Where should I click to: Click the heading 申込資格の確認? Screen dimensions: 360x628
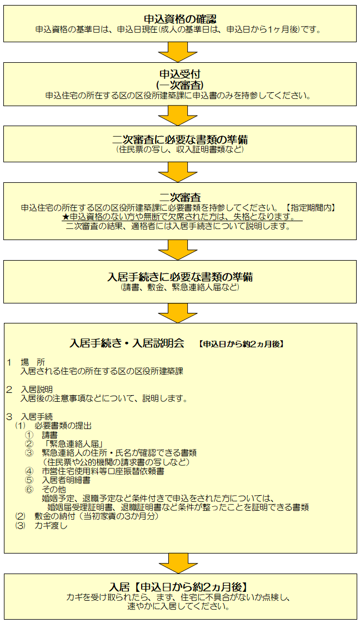[180, 18]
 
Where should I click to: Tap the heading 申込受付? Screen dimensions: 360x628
[180, 74]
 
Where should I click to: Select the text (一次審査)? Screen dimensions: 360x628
[180, 86]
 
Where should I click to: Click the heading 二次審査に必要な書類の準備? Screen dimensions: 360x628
[180, 139]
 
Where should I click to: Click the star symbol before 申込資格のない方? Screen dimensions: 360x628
[66, 217]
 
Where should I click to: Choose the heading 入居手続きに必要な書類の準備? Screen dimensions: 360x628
[180, 277]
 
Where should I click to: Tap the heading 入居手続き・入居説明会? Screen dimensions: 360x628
[127, 343]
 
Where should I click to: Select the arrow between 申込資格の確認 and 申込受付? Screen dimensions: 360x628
[178, 52]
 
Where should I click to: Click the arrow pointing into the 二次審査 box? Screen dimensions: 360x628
[178, 172]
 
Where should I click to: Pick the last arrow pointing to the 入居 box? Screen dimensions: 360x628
[178, 563]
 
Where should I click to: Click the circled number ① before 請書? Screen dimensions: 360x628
[29, 435]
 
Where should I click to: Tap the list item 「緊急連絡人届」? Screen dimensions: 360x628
[73, 443]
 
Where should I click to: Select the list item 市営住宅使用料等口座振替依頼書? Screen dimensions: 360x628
[103, 471]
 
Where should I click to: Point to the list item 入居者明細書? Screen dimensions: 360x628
[66, 480]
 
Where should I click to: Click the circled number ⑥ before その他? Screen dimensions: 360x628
[29, 490]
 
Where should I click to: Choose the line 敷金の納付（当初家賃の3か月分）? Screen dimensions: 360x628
[97, 517]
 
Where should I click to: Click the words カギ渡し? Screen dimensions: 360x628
[51, 526]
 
